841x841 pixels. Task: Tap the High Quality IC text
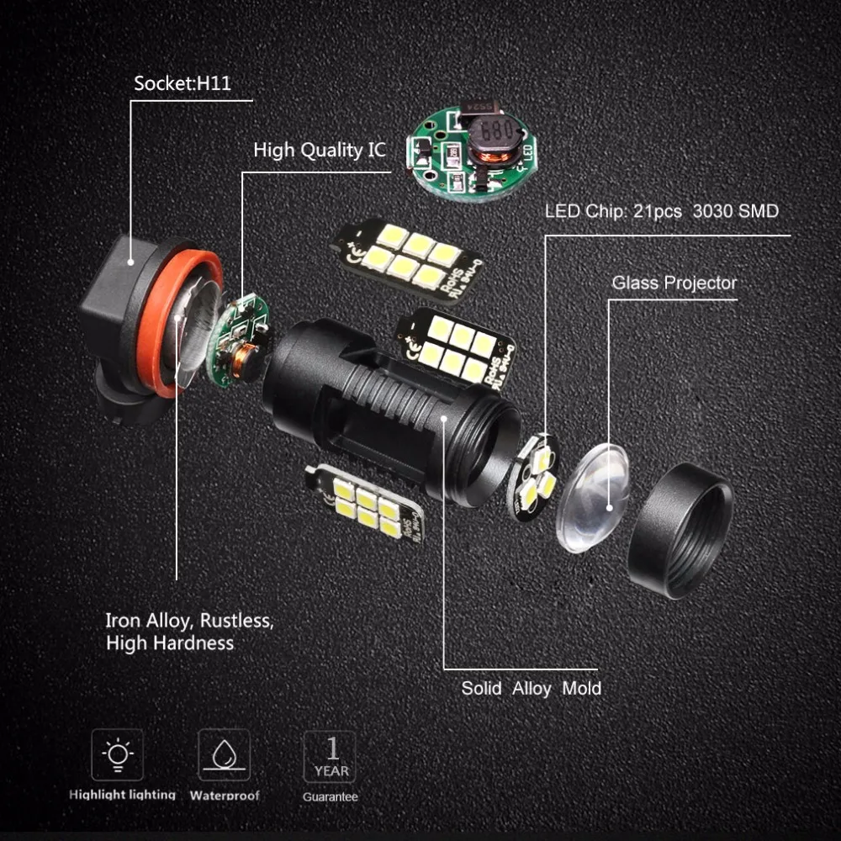(320, 151)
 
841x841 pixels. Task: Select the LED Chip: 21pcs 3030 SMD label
(661, 211)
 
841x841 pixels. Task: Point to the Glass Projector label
(674, 283)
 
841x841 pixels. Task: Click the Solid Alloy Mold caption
(531, 688)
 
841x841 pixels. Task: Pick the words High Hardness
(169, 643)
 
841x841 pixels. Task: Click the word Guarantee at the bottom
(331, 796)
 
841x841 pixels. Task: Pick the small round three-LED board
(535, 475)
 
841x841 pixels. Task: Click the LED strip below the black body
(365, 502)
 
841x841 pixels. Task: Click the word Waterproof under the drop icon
(225, 795)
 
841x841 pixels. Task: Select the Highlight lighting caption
(123, 795)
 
